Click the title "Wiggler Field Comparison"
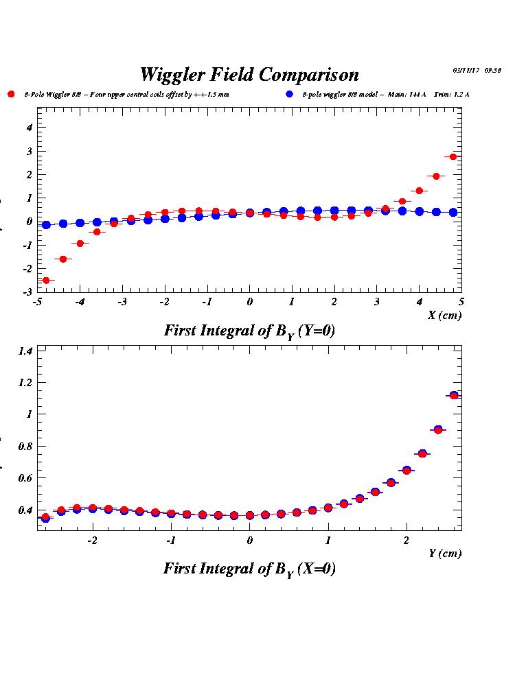click(249, 74)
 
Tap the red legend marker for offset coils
click(11, 94)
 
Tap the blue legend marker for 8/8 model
click(289, 94)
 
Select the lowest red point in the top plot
click(46, 280)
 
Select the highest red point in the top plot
click(453, 157)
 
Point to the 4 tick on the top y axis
click(30, 127)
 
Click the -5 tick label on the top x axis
click(38, 302)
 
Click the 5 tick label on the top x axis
click(461, 302)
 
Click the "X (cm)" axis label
click(445, 316)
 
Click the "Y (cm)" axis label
click(445, 554)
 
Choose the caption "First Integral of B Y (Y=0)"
click(249, 331)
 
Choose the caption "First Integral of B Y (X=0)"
click(249, 569)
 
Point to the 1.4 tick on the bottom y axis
click(27, 351)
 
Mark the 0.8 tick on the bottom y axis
click(27, 447)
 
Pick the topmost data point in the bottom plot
click(453, 395)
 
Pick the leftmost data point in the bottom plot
click(45, 518)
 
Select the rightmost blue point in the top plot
click(453, 213)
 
